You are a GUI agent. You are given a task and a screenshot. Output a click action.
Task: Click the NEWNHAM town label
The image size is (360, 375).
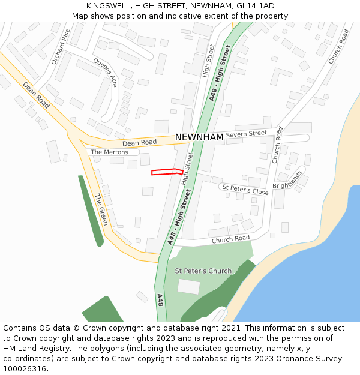199,137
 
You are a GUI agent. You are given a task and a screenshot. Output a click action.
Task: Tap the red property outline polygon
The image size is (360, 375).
167,172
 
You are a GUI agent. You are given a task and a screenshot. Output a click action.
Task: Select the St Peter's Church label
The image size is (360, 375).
203,271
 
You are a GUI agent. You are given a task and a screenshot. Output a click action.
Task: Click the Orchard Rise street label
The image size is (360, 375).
61,47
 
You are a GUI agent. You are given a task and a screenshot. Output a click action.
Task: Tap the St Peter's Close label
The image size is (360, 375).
245,190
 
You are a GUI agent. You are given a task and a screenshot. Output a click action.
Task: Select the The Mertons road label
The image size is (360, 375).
109,152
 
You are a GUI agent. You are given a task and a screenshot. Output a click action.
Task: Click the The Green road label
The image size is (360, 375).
100,209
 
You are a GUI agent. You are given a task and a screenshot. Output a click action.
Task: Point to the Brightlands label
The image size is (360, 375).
287,179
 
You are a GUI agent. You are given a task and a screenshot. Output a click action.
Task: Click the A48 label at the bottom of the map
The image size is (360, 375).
160,300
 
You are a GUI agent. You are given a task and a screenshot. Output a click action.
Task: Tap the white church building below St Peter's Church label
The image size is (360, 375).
189,287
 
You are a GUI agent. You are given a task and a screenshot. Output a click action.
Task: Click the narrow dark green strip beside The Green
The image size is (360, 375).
90,210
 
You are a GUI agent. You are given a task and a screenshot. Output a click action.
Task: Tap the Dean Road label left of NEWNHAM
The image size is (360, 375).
139,143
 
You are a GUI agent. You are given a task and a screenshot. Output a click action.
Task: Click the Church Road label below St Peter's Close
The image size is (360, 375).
230,239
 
